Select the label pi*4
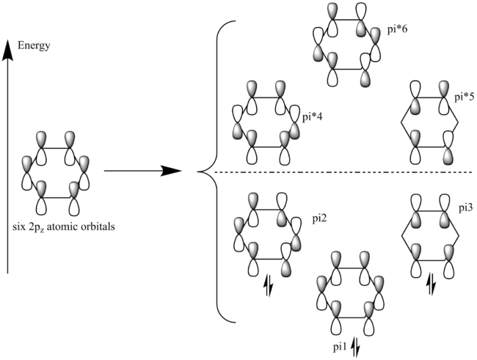[313, 116]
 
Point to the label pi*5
[464, 97]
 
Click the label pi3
[465, 208]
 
